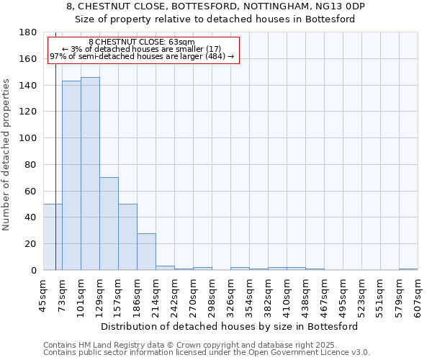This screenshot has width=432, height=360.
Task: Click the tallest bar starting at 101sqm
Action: tap(90, 174)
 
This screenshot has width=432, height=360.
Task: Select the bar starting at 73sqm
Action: tap(71, 176)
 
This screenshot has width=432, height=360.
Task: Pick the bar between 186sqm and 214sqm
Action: tap(146, 251)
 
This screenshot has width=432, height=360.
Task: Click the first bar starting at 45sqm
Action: tap(53, 237)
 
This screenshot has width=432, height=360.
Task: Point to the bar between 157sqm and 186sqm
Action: tap(127, 237)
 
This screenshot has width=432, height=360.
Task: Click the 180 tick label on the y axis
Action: tap(29, 32)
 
